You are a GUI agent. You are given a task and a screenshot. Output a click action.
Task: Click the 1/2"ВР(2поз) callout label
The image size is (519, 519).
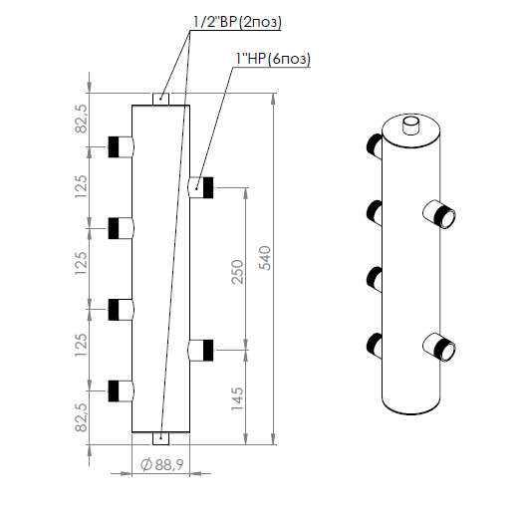point(237,22)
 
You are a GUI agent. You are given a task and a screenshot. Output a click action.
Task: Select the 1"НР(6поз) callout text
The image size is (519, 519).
point(273,59)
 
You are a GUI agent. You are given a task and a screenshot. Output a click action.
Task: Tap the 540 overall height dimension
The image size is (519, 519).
point(265,258)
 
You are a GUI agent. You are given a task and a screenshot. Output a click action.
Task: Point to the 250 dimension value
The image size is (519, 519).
point(237,272)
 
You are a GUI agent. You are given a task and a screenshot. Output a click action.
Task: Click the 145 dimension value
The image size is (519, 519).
point(237,398)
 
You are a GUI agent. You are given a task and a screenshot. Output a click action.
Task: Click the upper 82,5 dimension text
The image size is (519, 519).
point(82,119)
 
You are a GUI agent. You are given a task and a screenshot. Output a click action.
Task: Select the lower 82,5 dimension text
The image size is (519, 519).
point(82,417)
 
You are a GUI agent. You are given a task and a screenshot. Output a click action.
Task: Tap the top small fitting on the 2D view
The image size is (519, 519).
point(160,100)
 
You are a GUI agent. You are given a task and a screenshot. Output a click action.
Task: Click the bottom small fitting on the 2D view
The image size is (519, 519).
point(160,438)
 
